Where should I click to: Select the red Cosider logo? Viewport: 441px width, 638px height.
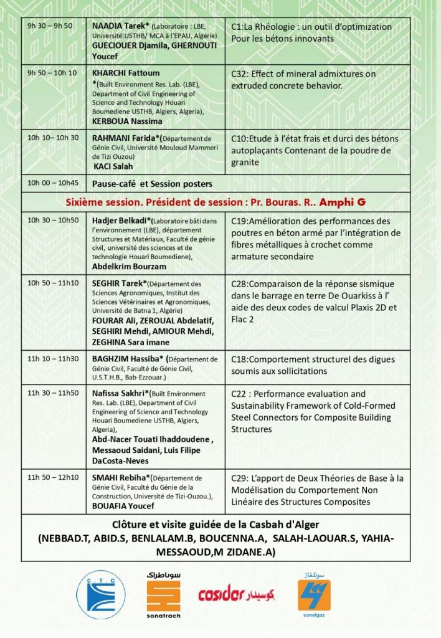(x=236, y=594)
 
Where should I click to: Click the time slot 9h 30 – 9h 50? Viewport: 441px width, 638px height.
(x=50, y=26)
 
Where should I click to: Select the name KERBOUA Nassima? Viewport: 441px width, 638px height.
(x=127, y=121)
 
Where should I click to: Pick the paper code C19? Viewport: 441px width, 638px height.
(x=240, y=221)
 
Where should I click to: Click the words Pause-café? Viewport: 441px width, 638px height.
(x=115, y=183)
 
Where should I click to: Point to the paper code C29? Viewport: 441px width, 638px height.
(x=240, y=478)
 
